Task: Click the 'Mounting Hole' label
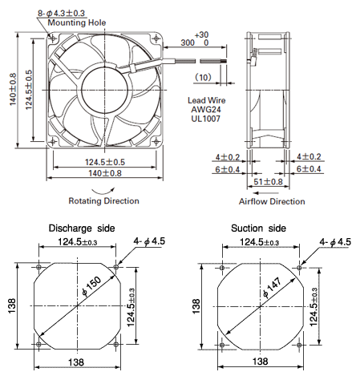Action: [x=77, y=22]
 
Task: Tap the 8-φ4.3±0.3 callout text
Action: [x=61, y=13]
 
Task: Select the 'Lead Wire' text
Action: [x=207, y=100]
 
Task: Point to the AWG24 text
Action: [x=206, y=110]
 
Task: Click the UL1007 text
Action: [x=206, y=119]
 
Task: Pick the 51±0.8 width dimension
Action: [x=268, y=182]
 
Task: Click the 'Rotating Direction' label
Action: [x=103, y=200]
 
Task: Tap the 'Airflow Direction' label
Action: [x=272, y=201]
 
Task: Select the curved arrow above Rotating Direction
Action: [x=103, y=191]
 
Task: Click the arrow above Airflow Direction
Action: [x=265, y=192]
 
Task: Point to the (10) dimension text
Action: [x=203, y=78]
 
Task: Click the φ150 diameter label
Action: [x=91, y=286]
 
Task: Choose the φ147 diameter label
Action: [x=272, y=287]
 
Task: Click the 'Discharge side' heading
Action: [x=82, y=228]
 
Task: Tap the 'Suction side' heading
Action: [x=258, y=228]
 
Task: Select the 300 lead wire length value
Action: [x=188, y=42]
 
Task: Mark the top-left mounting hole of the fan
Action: [x=53, y=38]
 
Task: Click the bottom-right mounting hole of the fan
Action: [x=156, y=141]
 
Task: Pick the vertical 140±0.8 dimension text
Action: [x=13, y=89]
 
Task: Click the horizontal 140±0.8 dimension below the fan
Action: [x=105, y=173]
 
